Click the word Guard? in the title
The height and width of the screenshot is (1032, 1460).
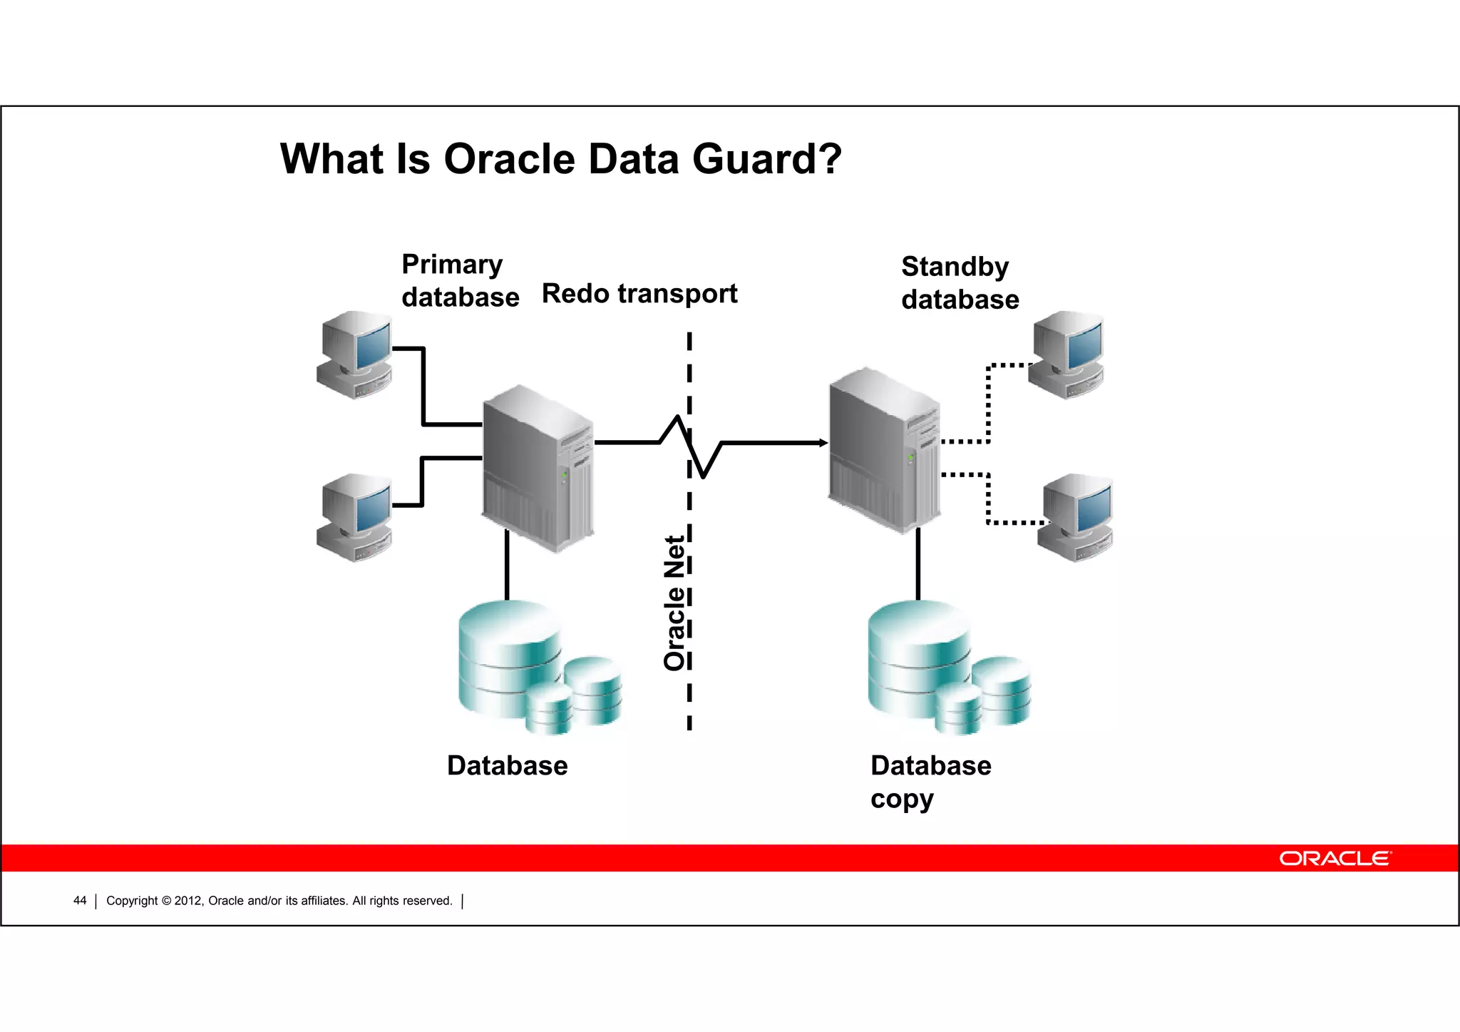click(766, 159)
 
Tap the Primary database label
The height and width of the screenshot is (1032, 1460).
click(460, 280)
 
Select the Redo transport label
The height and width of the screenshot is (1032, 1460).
click(639, 293)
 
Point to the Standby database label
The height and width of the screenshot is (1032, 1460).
click(960, 283)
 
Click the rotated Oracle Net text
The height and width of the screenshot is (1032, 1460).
click(674, 603)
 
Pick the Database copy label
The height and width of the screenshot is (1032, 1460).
click(930, 782)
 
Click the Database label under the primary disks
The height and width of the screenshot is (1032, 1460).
click(507, 765)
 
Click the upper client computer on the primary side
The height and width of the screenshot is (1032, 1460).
click(354, 354)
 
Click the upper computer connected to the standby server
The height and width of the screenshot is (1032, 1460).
click(1066, 354)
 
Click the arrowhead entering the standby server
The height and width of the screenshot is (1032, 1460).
click(823, 443)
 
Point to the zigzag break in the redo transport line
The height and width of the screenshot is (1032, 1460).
click(690, 446)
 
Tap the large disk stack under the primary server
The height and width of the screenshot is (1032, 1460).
click(509, 658)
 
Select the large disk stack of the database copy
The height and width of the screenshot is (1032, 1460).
click(918, 658)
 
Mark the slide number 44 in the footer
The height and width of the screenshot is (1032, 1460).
click(80, 901)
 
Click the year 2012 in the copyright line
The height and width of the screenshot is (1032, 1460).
click(188, 901)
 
